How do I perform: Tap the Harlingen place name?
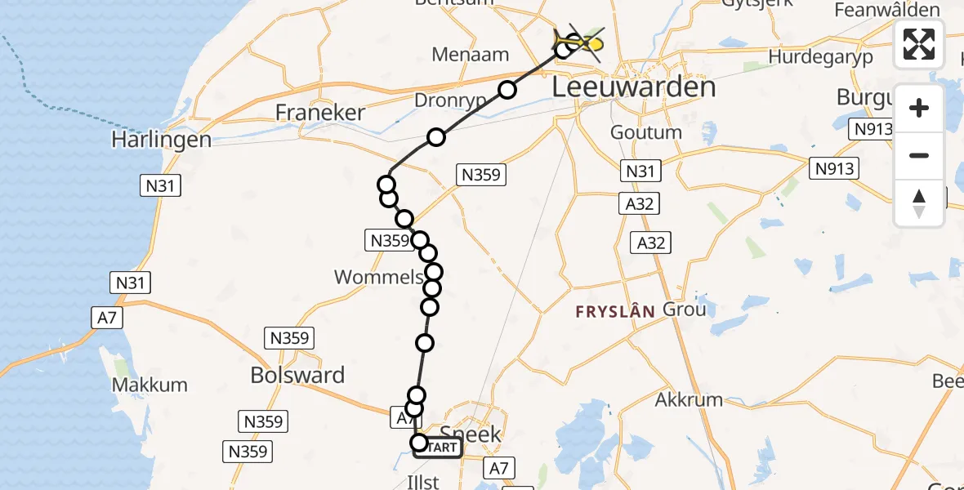[162, 140]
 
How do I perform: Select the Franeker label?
[320, 113]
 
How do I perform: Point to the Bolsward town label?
[297, 376]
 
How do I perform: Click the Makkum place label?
[150, 385]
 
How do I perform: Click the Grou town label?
[684, 310]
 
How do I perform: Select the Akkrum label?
[689, 399]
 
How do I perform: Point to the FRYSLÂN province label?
[615, 311]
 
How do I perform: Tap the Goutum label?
[645, 132]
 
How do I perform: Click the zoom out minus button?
[919, 155]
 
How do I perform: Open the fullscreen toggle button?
[919, 44]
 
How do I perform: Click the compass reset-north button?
[919, 203]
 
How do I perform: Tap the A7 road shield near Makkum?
[106, 318]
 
